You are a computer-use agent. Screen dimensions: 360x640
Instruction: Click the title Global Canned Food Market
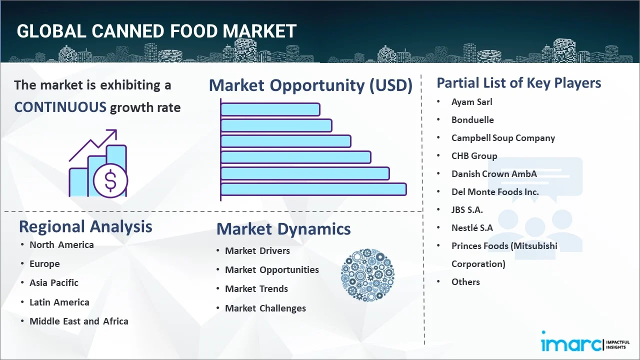pos(156,31)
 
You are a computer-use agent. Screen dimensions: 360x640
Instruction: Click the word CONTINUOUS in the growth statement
pos(60,107)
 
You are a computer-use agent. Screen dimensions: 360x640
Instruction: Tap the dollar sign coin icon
pos(110,181)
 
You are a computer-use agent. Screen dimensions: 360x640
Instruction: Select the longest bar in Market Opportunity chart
pos(313,189)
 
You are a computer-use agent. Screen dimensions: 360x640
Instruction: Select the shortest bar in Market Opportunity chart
pos(270,109)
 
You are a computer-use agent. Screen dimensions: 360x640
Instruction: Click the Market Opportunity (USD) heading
pos(310,85)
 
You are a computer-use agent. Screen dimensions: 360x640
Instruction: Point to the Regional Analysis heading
pos(85,226)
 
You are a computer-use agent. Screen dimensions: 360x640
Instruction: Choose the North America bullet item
pos(61,244)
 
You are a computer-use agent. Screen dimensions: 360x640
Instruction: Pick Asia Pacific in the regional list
pos(54,282)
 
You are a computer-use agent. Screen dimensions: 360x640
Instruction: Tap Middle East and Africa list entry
pos(79,321)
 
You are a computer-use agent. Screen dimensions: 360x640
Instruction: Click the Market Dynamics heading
pos(283,229)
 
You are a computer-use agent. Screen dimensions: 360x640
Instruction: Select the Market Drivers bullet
pos(257,250)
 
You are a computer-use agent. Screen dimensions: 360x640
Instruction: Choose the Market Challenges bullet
pos(265,308)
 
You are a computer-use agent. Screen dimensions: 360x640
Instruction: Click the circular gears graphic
pos(367,275)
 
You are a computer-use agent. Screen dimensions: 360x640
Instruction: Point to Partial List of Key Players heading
pos(519,82)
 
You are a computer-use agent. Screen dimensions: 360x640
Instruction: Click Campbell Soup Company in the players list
pos(503,137)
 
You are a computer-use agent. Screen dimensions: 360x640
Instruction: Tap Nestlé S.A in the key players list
pos(472,227)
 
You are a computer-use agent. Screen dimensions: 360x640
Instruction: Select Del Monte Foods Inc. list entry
pos(495,191)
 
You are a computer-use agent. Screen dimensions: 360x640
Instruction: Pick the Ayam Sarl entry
pos(471,101)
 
